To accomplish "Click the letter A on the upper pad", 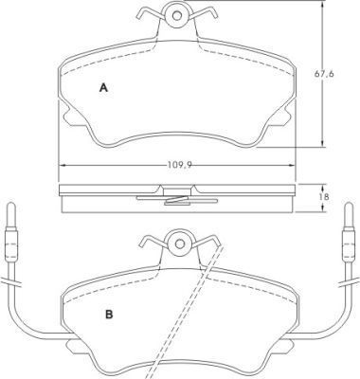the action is click(103, 87).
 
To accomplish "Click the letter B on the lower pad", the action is click(109, 315).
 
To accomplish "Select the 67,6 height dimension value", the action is click(324, 74).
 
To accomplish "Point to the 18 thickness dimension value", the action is click(324, 197).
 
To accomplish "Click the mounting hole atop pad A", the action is click(177, 15).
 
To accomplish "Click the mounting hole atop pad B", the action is click(180, 244).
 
